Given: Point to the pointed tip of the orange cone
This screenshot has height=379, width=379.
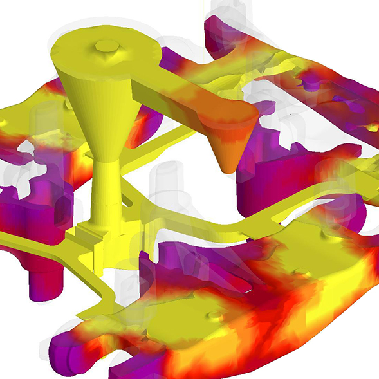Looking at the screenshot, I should point(226,169).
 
